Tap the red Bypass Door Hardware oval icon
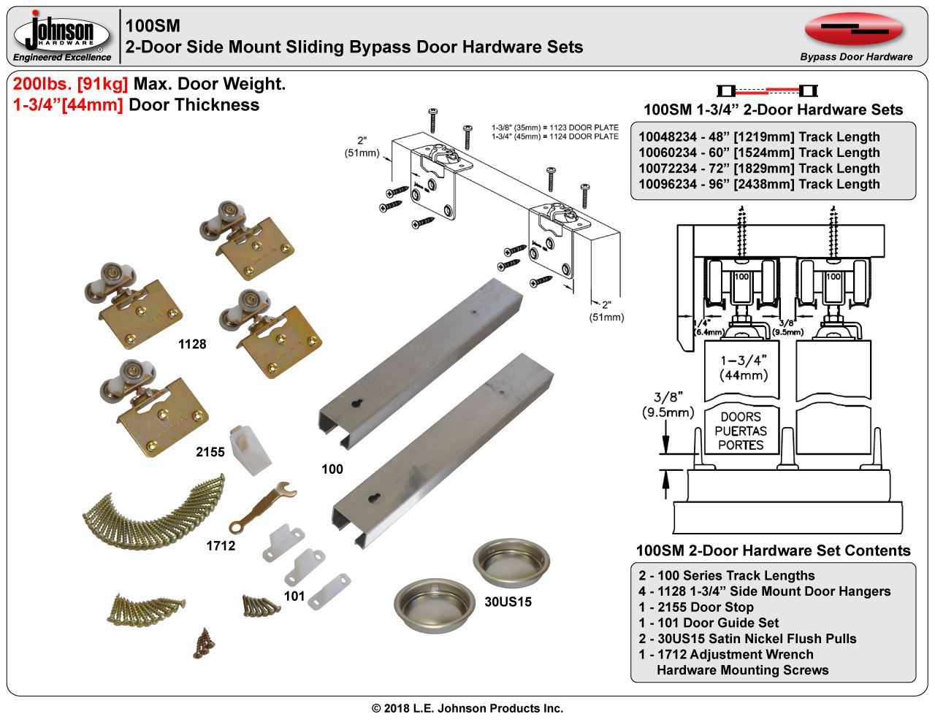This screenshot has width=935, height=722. pyautogui.click(x=854, y=28)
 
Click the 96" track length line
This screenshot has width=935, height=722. pyautogui.click(x=759, y=185)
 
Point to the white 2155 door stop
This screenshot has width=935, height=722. pyautogui.click(x=251, y=447)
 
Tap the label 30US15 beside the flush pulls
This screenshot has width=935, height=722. pyautogui.click(x=508, y=602)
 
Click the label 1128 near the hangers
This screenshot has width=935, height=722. pyautogui.click(x=192, y=345)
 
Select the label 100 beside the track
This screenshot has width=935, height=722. pyautogui.click(x=332, y=469)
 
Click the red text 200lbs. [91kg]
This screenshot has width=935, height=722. pyautogui.click(x=71, y=84)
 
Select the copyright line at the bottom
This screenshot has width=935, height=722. pyautogui.click(x=467, y=708)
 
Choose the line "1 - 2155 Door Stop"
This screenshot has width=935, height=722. pyautogui.click(x=695, y=607)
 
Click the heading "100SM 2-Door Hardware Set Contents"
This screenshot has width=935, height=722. pyautogui.click(x=773, y=551)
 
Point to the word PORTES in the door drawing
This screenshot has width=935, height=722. pyautogui.click(x=740, y=445)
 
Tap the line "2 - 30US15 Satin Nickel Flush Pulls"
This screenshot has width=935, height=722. pyautogui.click(x=747, y=639)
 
